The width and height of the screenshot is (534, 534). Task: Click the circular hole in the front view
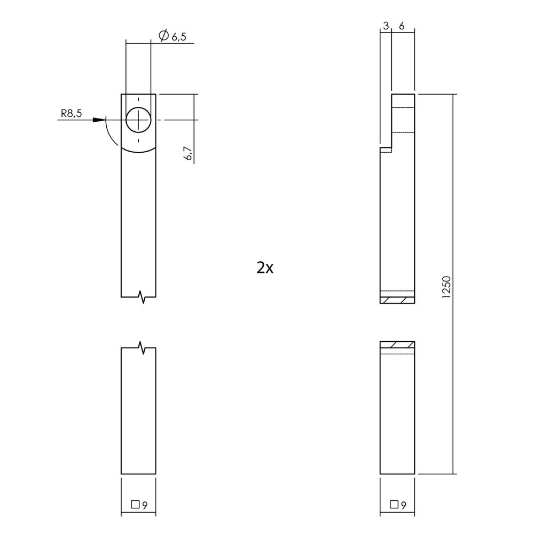138,120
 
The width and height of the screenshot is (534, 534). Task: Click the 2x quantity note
265,268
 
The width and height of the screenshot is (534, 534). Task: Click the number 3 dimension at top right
385,25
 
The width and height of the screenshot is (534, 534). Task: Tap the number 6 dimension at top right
401,25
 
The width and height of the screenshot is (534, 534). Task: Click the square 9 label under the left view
139,504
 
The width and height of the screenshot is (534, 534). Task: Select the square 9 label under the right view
397,504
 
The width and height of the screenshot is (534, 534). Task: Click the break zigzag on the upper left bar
142,297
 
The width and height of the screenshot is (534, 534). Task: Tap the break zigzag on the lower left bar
142,348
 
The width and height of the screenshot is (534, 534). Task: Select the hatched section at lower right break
397,345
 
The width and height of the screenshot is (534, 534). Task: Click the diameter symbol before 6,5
163,36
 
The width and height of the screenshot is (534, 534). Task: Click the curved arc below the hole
138,151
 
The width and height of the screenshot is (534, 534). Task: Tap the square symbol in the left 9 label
135,504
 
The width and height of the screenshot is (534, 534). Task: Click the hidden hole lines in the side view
403,120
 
